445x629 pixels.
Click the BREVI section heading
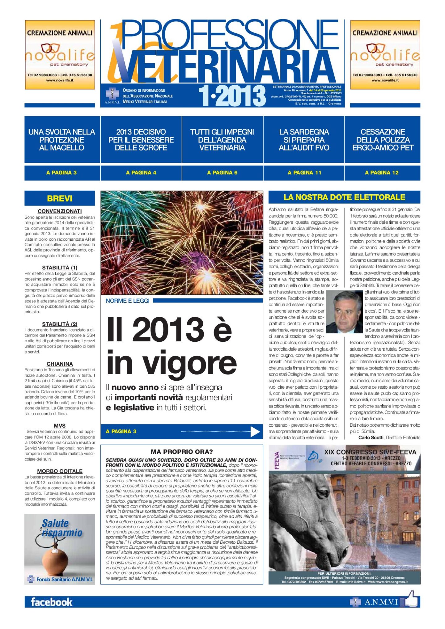pyautogui.click(x=60, y=198)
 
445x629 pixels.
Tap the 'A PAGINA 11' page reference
pyautogui.click(x=304, y=173)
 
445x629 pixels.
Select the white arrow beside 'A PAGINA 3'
pyautogui.click(x=255, y=432)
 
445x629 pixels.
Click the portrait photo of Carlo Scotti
pyautogui.click(x=344, y=312)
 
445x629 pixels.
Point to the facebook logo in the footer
pyautogui.click(x=51, y=602)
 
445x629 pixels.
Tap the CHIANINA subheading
pyautogui.click(x=60, y=364)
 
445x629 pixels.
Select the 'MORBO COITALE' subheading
pyautogui.click(x=60, y=471)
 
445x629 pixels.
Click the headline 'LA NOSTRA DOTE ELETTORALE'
pyautogui.click(x=344, y=197)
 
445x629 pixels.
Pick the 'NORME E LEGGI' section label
pyautogui.click(x=127, y=301)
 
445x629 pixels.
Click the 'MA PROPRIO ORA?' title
pyautogui.click(x=182, y=452)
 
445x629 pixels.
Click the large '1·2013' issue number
pyautogui.click(x=232, y=96)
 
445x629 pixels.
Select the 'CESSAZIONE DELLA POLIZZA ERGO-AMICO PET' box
pyautogui.click(x=383, y=140)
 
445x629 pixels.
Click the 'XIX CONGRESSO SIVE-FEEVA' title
pyautogui.click(x=370, y=452)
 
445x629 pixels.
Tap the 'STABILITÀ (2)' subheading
pyautogui.click(x=60, y=324)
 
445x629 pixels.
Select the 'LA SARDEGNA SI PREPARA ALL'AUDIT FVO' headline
pyautogui.click(x=304, y=140)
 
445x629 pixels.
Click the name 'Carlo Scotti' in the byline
pyautogui.click(x=371, y=437)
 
